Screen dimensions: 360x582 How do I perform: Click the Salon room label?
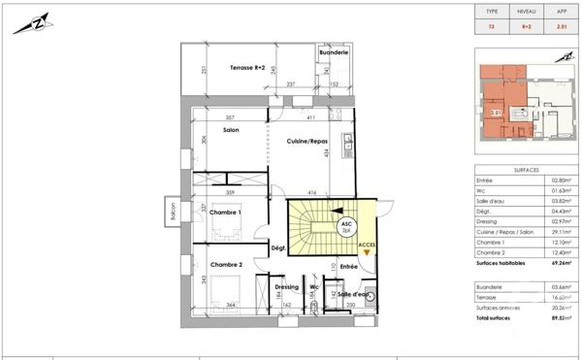tap(231, 130)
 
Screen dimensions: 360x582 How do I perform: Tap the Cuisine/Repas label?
tap(306, 141)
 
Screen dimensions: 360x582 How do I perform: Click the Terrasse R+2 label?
tap(247, 68)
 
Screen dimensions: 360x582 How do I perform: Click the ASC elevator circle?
tap(345, 224)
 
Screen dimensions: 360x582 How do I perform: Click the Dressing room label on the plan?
tap(287, 287)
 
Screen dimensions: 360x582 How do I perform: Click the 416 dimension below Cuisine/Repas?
tap(312, 193)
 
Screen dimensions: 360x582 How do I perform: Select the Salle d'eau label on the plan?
tap(352, 293)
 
